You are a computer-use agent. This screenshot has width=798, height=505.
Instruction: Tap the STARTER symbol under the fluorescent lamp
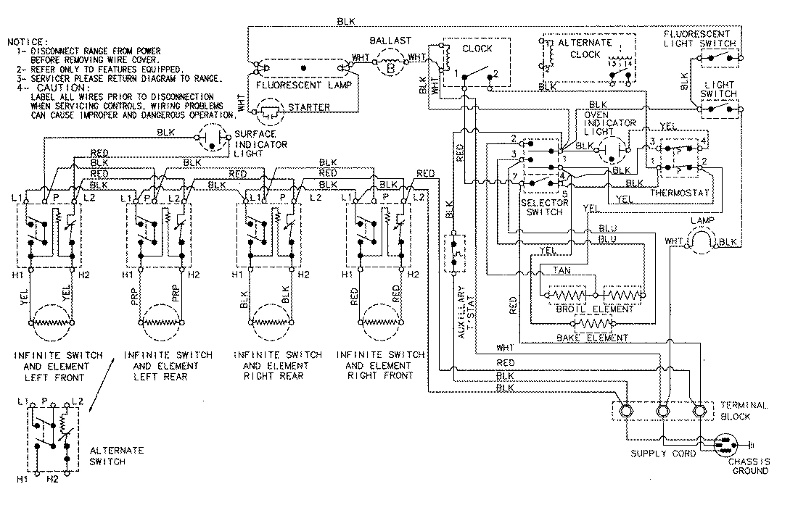270,112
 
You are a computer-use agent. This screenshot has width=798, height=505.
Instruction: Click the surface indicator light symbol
211,139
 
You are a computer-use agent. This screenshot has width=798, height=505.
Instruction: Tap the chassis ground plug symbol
727,443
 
